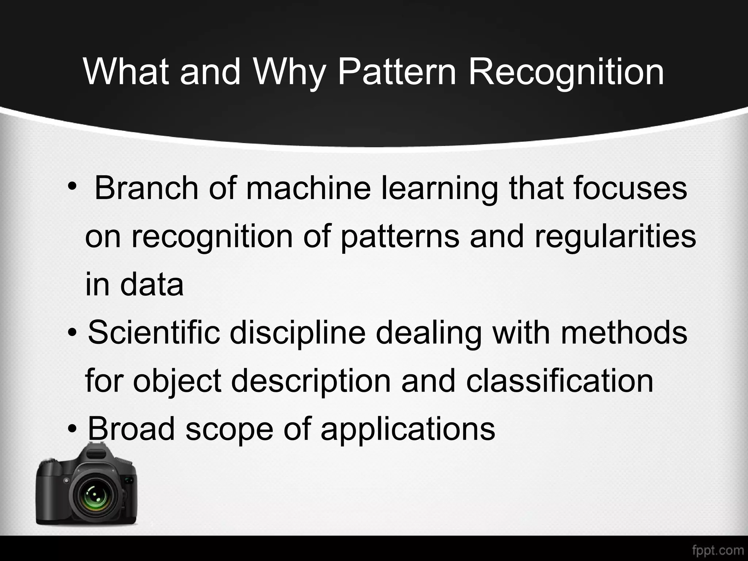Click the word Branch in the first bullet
146,188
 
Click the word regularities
615,237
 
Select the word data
152,285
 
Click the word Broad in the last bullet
131,428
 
